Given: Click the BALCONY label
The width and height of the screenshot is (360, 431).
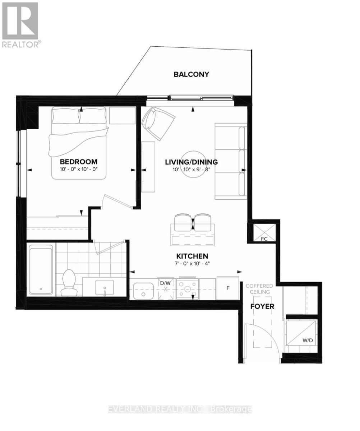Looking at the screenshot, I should click(x=191, y=74).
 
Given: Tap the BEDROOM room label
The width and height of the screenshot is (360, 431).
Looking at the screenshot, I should click(x=79, y=162).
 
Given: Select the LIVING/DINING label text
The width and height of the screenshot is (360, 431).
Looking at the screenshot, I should click(x=191, y=162).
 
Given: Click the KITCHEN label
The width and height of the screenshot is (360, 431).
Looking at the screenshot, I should click(x=192, y=256).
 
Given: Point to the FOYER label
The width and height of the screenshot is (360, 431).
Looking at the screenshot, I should click(x=262, y=306).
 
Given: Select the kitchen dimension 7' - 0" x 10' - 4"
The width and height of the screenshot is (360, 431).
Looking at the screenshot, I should click(x=192, y=263).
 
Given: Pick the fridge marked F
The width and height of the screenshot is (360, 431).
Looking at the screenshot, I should click(x=228, y=288).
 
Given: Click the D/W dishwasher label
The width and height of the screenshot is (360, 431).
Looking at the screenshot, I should click(x=165, y=283).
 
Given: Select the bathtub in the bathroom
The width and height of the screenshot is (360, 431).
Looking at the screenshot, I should click(x=41, y=269).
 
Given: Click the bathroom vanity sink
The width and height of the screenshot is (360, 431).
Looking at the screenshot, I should click(x=105, y=287).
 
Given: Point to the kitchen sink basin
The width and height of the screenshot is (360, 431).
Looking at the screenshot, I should click(x=143, y=291).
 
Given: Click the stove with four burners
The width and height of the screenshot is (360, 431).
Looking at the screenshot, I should click(x=187, y=288).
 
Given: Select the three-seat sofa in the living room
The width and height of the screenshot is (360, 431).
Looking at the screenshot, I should click(x=231, y=161).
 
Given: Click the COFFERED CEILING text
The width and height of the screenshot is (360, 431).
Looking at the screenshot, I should click(x=259, y=288).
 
